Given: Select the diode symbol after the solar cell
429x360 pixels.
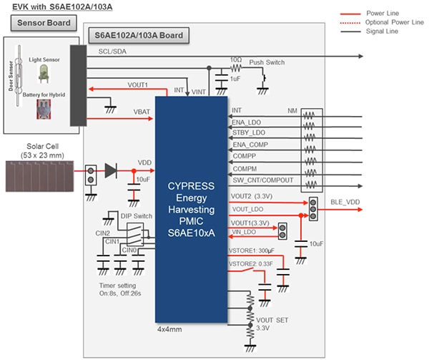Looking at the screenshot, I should tap(110, 170).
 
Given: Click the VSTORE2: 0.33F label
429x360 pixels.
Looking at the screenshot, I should tap(252, 264).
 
